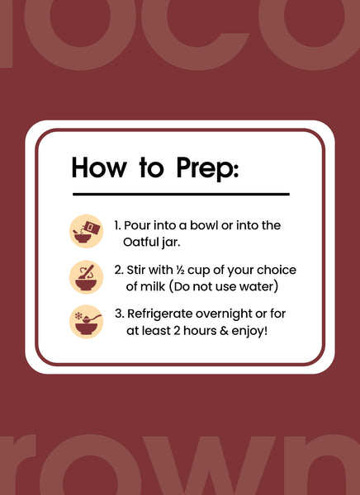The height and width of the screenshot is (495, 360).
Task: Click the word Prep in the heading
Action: tap(207, 168)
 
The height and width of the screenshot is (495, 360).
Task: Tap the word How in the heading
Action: tap(98, 167)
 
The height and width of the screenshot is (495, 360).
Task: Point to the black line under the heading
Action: tap(181, 194)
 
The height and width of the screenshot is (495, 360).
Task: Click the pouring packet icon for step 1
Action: tap(87, 231)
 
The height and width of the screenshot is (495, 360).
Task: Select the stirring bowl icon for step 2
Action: tap(87, 277)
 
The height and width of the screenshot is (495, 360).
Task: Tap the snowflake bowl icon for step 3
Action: tap(87, 322)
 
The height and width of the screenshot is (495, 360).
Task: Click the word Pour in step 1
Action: tap(135, 225)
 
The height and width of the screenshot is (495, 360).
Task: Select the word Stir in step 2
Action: tap(136, 270)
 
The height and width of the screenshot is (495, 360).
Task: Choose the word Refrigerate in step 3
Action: tap(160, 314)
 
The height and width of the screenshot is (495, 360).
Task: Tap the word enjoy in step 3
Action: tap(248, 332)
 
